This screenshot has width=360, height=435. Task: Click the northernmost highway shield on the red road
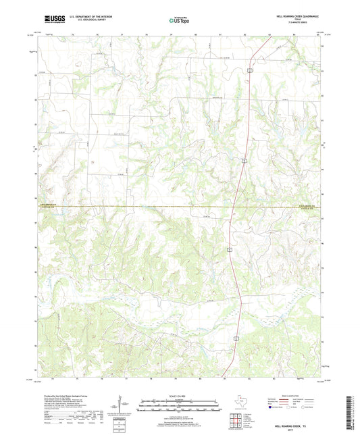249,70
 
